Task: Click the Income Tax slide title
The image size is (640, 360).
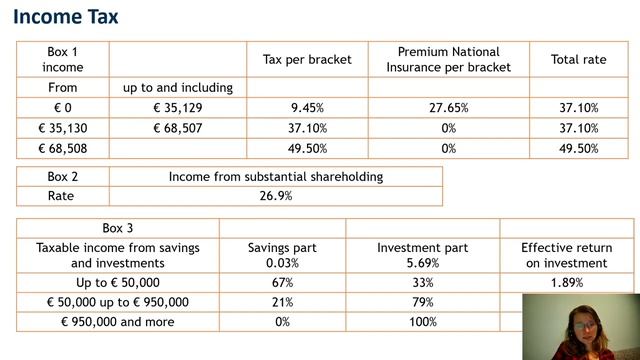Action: click(x=66, y=17)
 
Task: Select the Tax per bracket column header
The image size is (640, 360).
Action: click(x=307, y=60)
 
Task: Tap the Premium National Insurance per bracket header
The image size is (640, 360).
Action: click(x=449, y=60)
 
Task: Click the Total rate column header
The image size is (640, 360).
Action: click(x=578, y=60)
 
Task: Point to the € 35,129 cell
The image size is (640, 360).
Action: click(x=178, y=108)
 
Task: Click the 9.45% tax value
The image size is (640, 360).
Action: click(x=307, y=108)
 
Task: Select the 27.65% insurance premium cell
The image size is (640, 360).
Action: click(x=449, y=108)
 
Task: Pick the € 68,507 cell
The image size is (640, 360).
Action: click(x=178, y=128)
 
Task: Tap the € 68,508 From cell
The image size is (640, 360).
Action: click(x=62, y=148)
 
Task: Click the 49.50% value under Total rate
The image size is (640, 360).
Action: click(x=578, y=148)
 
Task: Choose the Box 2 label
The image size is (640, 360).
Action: click(x=62, y=176)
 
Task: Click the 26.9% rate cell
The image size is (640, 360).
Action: click(x=276, y=196)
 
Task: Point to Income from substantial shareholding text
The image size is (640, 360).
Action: click(x=276, y=176)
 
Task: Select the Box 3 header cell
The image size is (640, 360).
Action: click(x=118, y=228)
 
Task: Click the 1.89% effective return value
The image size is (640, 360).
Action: click(x=567, y=282)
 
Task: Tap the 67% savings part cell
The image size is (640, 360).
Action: click(x=282, y=282)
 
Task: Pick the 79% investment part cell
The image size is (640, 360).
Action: click(x=423, y=302)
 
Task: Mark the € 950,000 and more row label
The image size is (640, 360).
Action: click(x=118, y=322)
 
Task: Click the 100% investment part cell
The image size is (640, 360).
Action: click(x=423, y=322)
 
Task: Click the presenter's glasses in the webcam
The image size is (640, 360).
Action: click(x=584, y=326)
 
